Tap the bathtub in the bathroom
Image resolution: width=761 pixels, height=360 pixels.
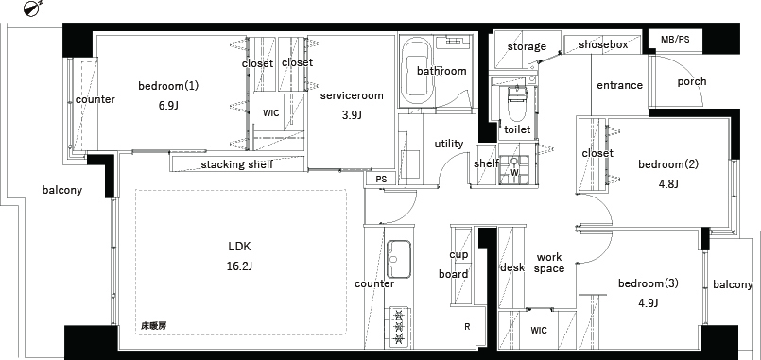tap(418, 73)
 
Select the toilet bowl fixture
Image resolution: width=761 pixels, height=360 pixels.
tap(516, 108)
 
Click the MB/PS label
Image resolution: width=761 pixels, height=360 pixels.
tap(675, 40)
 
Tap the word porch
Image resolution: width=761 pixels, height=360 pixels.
tap(692, 81)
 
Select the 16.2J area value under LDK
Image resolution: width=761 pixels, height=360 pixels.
tap(240, 266)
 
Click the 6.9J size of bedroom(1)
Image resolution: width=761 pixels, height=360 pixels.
tap(168, 105)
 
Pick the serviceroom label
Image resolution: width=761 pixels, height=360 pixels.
tap(352, 95)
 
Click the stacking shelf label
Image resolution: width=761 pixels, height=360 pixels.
tap(237, 164)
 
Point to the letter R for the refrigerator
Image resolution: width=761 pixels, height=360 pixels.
tap(467, 327)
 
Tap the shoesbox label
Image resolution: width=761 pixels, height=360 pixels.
tap(603, 45)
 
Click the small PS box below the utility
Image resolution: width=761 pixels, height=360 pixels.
tap(382, 179)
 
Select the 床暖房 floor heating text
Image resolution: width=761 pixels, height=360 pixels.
tap(153, 327)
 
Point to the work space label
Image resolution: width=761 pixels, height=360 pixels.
tap(550, 263)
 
